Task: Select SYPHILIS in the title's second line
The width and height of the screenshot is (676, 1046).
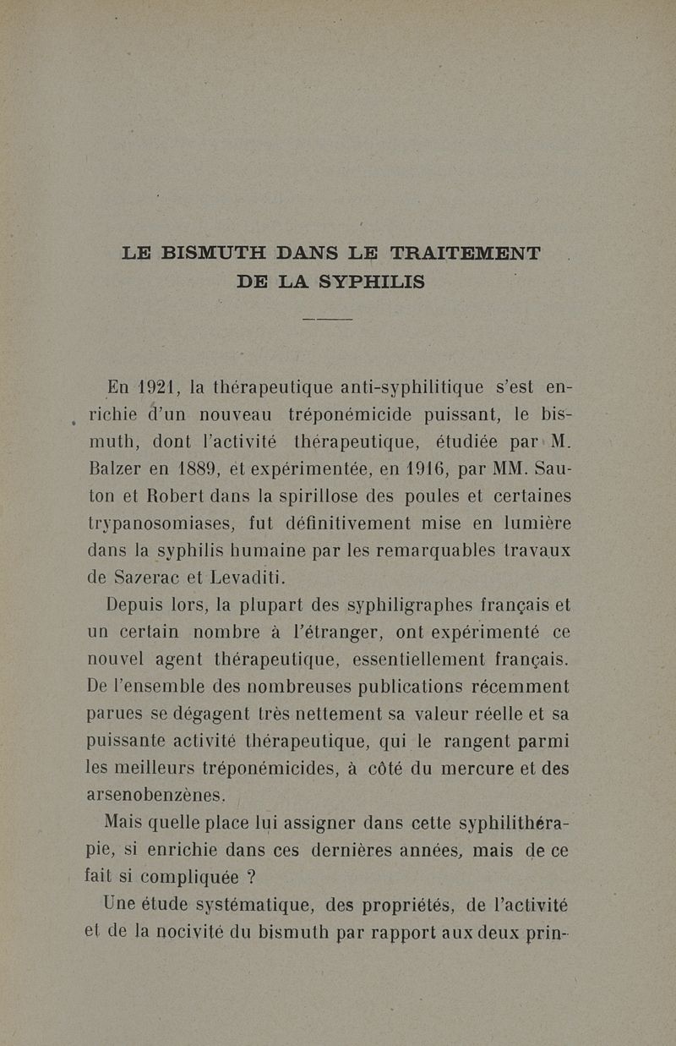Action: [373, 282]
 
